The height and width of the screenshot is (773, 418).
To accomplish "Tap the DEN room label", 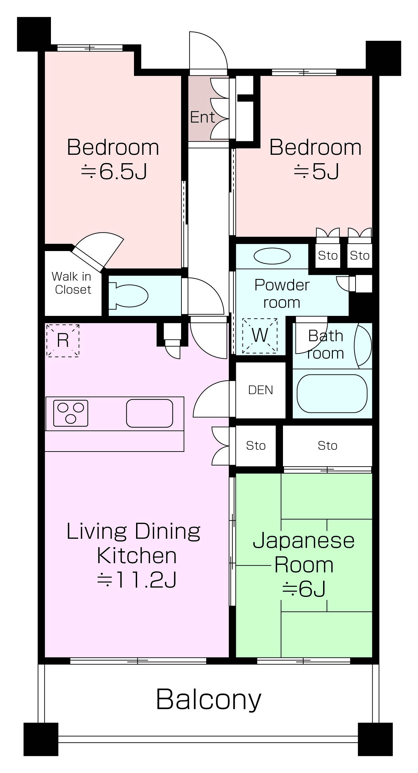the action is pos(261,390).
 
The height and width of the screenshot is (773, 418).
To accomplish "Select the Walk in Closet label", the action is pos(72,283).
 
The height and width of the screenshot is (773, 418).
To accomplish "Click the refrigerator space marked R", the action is pos(63,340).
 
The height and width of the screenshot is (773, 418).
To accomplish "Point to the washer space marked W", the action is pos(260,335).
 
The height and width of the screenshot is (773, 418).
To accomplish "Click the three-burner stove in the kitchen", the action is pos(70,413).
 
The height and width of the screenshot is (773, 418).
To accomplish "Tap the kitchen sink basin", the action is pos(149,413).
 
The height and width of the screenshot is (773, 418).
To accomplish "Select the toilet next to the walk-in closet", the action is pos(128,296).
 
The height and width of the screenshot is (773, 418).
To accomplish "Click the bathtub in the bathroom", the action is pos(332,393).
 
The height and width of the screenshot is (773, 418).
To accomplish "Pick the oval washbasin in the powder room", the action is pos(272,256).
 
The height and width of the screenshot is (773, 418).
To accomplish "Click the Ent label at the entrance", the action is pos(202,117).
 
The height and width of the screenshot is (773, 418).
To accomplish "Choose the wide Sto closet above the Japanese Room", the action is pos(327,446).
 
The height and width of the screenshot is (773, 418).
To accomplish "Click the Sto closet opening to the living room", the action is pos(256,446).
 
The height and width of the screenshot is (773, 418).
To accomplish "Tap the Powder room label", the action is pos(282,294).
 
